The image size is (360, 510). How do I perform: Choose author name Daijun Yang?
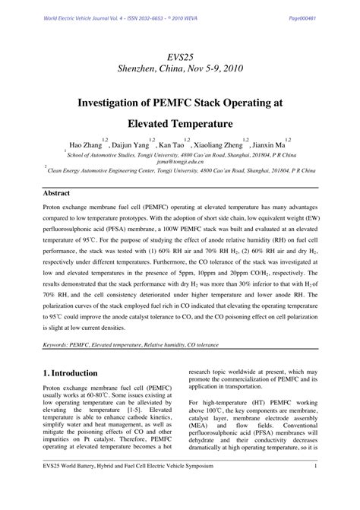(131, 145)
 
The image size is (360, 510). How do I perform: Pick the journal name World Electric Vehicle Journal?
(78, 17)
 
